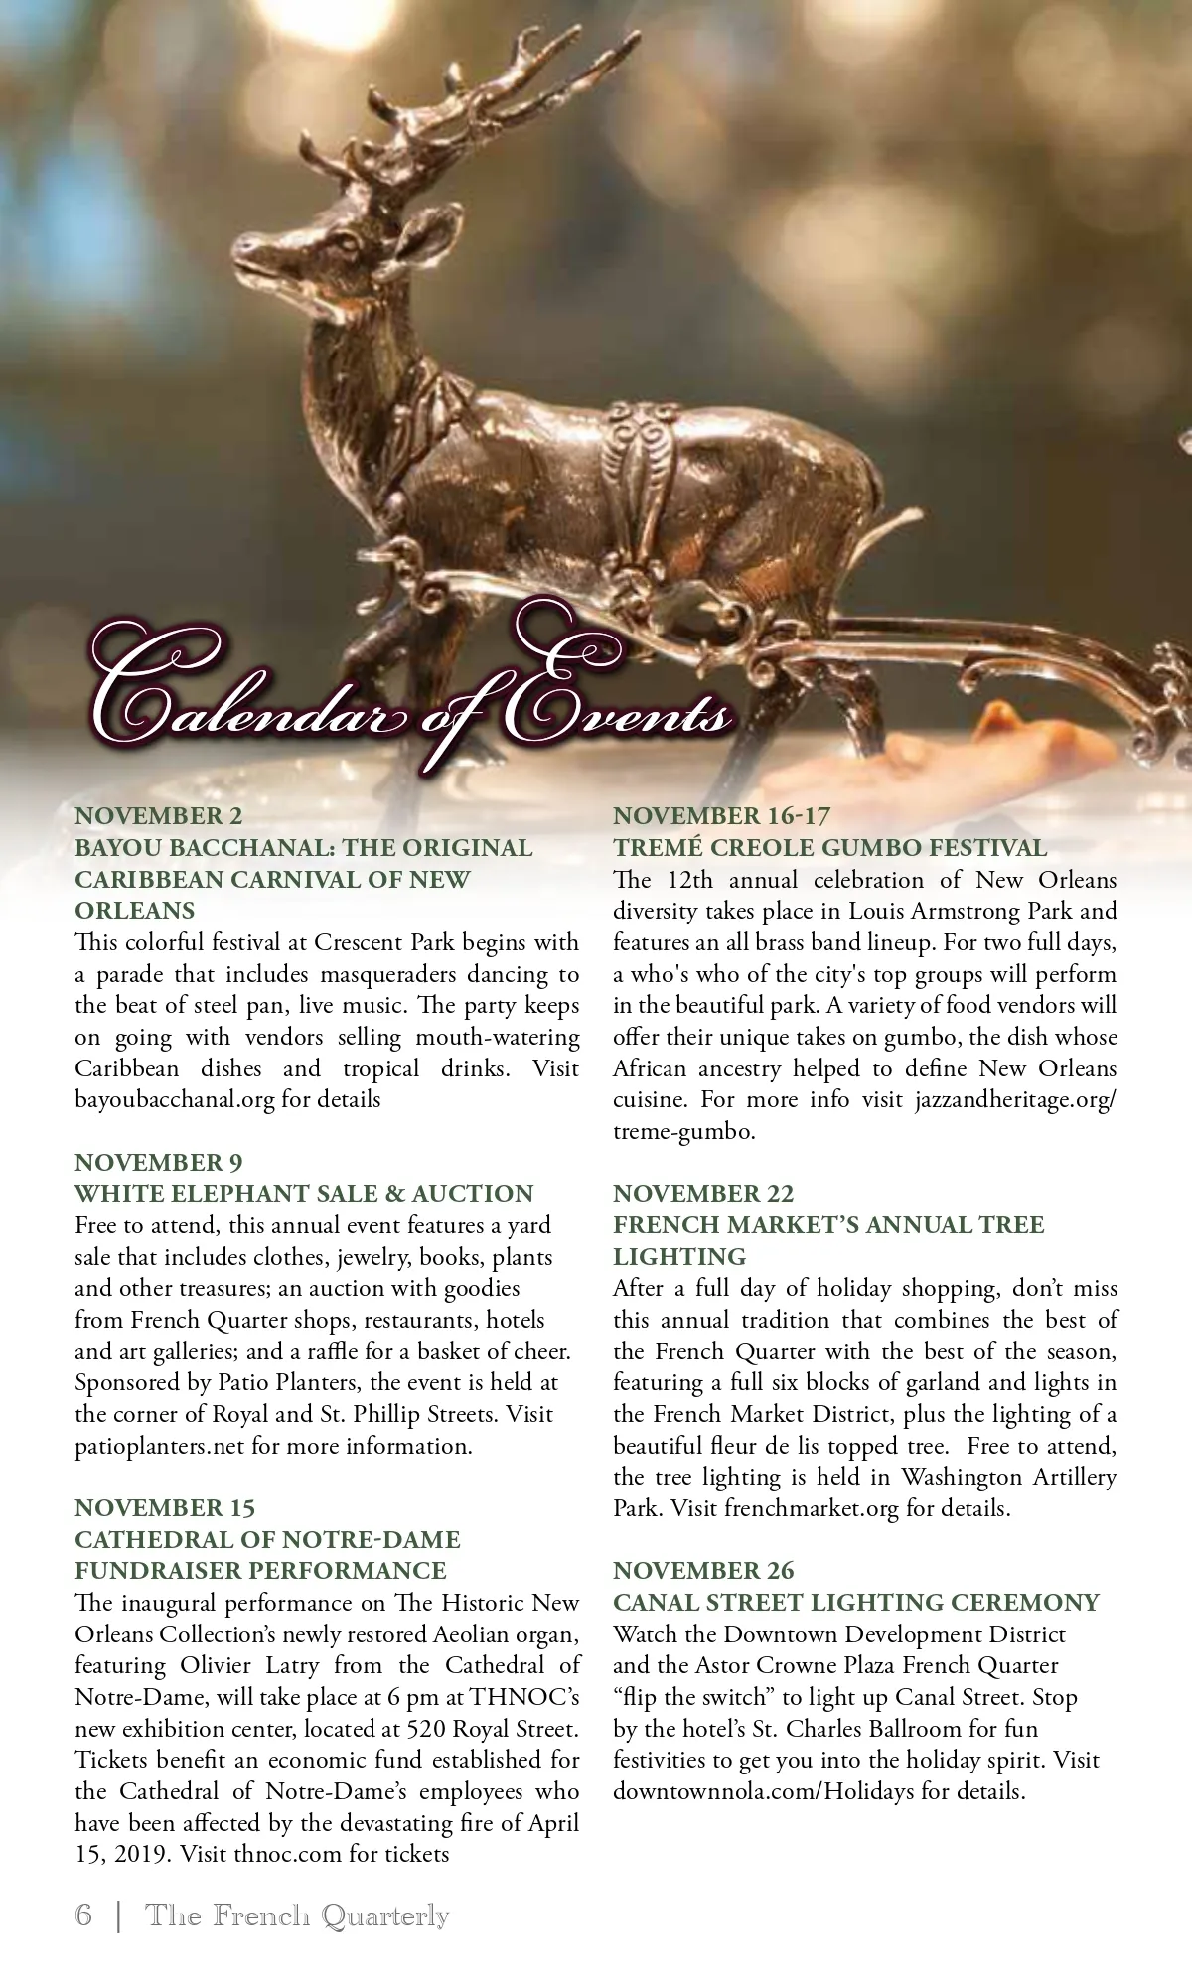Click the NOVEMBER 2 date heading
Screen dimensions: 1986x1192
[x=159, y=816]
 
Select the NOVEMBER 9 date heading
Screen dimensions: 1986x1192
[x=159, y=1162]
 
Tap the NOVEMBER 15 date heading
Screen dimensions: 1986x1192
[x=165, y=1507]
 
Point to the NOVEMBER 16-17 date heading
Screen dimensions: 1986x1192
[x=721, y=816]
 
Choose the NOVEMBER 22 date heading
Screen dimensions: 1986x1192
[x=703, y=1193]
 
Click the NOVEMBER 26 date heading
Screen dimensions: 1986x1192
[x=703, y=1570]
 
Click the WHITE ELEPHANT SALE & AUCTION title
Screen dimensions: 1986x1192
[x=304, y=1193]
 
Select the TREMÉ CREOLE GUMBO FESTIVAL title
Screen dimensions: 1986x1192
[x=829, y=848]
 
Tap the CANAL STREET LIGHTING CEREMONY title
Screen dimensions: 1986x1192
[x=856, y=1602]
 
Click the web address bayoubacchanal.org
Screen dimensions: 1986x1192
[x=174, y=1099]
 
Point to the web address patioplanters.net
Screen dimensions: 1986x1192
[x=159, y=1446]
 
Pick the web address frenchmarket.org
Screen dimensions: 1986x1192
[x=811, y=1508]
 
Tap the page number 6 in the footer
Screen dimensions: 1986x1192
[x=83, y=1915]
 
